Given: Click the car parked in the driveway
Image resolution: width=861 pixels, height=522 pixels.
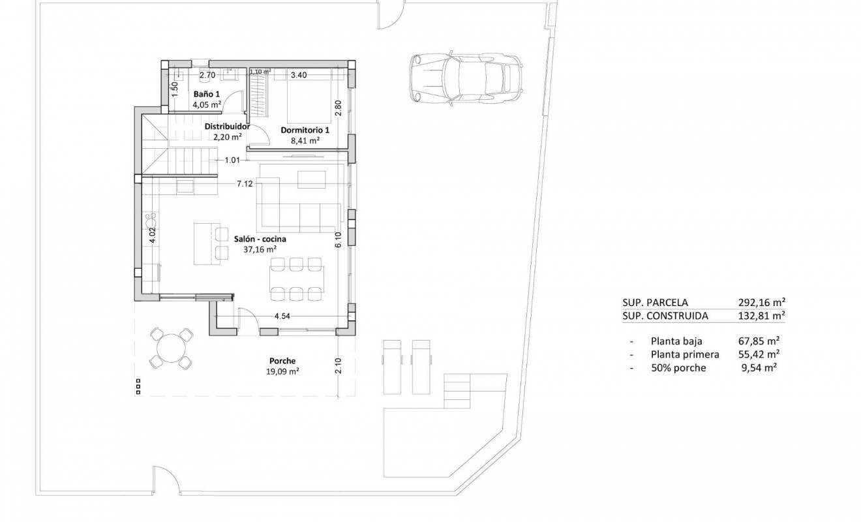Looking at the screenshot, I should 466,77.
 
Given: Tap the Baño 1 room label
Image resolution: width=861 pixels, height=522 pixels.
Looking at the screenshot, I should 206,94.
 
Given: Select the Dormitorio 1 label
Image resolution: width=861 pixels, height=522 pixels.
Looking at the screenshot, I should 305,130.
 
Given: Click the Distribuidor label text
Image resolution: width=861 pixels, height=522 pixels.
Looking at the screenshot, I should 227,127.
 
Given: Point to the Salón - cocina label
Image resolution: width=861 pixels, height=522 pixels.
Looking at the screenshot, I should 260,239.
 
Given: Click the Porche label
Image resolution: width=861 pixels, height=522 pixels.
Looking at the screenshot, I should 282,361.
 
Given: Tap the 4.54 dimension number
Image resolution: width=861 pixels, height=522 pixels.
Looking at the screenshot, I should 282,316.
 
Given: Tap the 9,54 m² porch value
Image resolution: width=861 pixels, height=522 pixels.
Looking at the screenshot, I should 761,368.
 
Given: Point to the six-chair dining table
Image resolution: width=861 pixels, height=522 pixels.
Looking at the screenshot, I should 297,277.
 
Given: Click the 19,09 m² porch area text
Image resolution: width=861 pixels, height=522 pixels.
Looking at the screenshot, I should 282,372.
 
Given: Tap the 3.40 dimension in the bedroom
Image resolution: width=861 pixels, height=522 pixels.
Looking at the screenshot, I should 299,75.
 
